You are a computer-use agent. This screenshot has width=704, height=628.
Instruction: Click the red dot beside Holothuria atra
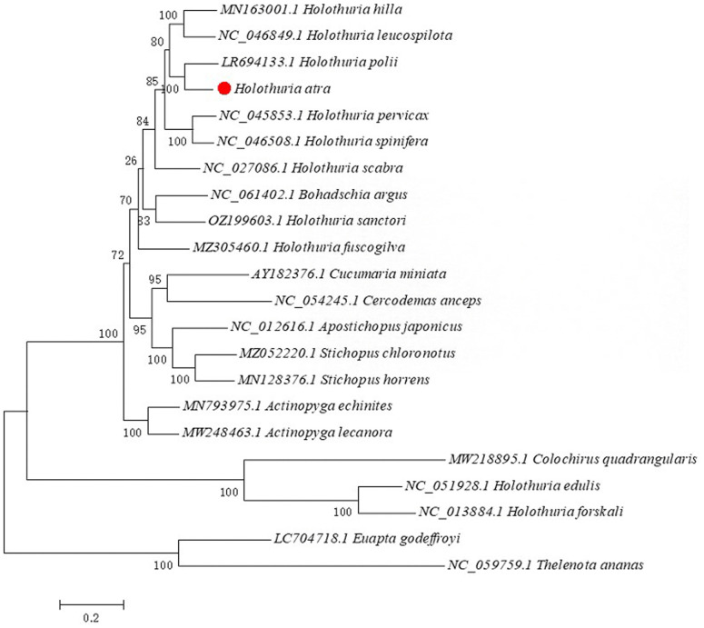coord(223,89)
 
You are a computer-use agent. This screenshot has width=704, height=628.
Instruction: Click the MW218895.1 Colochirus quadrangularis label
coord(573,459)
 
